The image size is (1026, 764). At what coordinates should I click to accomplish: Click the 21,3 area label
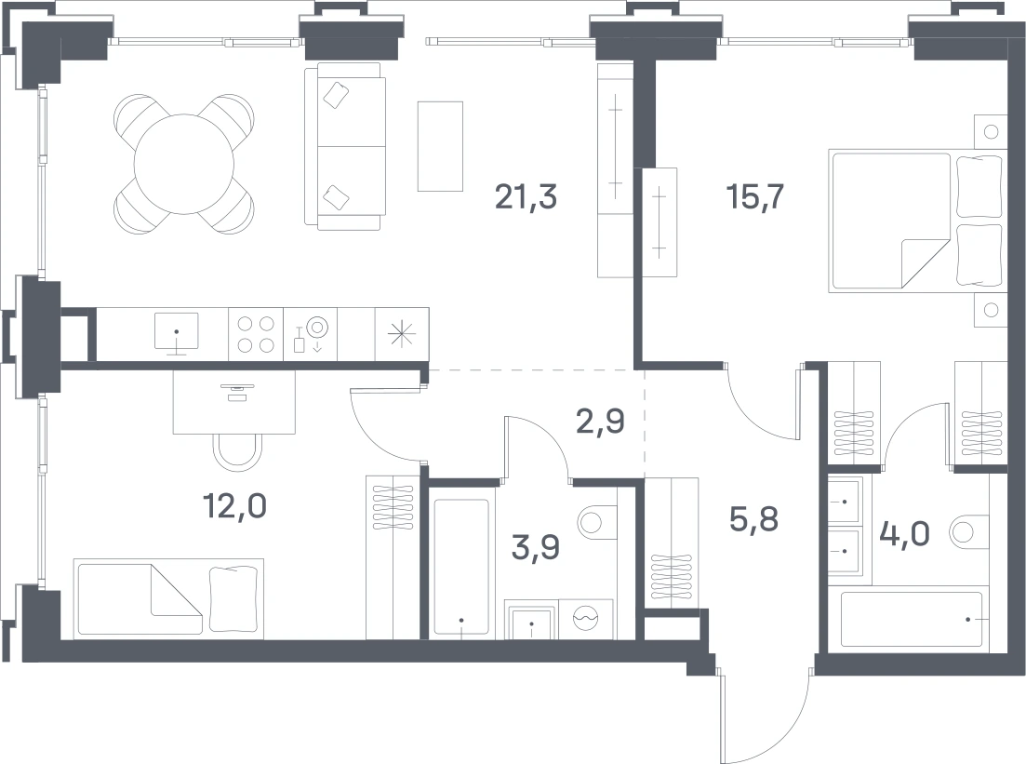point(526,196)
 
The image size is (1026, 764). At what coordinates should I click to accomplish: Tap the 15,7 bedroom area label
point(755,196)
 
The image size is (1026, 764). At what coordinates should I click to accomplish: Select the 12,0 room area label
point(234,506)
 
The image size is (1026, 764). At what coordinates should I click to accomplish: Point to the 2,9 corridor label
point(600,422)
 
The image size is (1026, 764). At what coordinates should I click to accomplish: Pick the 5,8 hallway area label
point(753,519)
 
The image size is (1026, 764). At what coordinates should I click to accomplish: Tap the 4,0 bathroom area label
point(905,534)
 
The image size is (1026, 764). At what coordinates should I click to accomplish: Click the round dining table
point(184,164)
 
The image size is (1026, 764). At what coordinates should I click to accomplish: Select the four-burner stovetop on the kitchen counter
point(256,334)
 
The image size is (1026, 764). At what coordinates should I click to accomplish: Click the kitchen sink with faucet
point(177,332)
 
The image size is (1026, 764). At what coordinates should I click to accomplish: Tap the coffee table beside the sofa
point(440,146)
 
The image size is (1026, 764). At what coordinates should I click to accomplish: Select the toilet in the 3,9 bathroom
point(597,523)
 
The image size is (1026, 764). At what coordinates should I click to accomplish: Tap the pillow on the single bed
point(233,599)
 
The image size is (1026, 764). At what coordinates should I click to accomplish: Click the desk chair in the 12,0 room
point(238,450)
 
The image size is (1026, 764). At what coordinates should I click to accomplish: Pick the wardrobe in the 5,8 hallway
point(672,543)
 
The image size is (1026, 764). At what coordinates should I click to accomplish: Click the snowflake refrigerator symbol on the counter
point(402,334)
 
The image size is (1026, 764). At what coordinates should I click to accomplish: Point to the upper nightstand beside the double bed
point(990,131)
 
